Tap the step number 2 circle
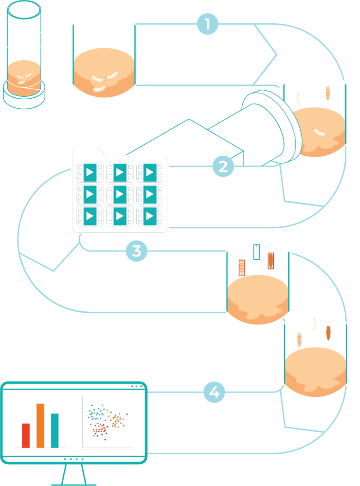click(222, 167)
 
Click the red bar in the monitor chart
click(26, 435)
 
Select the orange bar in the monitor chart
click(40, 425)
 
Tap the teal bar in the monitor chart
click(55, 430)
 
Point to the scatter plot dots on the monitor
click(106, 420)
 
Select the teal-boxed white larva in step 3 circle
click(257, 252)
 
